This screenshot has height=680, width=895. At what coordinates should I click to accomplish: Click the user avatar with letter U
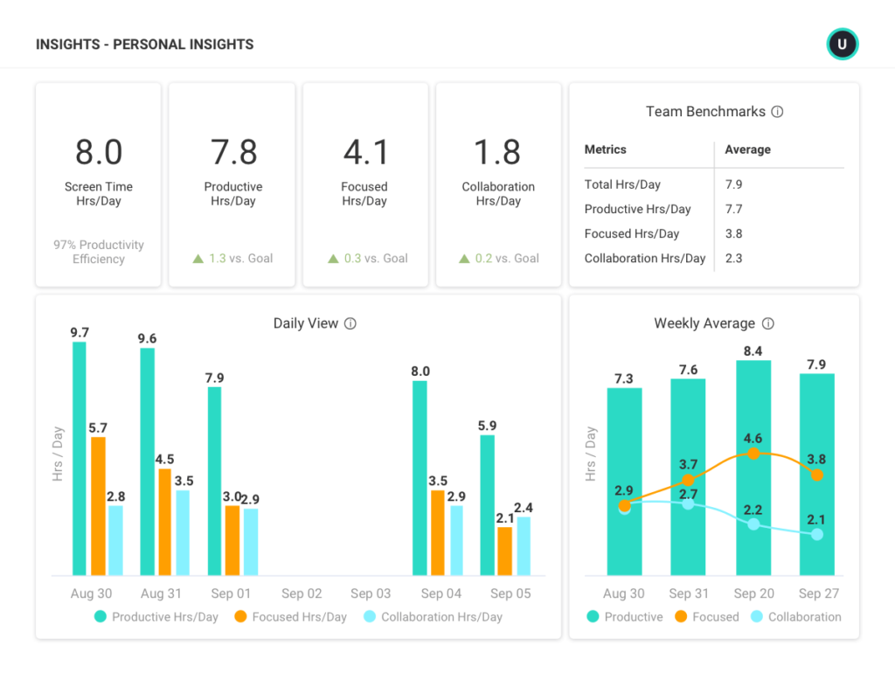(x=843, y=45)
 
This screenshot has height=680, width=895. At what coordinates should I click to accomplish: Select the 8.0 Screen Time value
(x=99, y=152)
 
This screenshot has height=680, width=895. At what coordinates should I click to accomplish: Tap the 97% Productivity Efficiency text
(x=99, y=252)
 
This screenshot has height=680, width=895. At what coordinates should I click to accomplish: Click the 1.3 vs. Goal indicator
(x=232, y=259)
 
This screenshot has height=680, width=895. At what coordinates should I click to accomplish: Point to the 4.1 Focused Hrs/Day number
(x=365, y=152)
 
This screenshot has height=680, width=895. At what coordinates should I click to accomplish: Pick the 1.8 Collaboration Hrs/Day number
(x=498, y=152)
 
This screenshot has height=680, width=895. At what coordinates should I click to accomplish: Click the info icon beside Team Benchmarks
(x=777, y=112)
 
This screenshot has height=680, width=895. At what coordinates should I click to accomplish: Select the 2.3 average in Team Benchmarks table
(x=734, y=259)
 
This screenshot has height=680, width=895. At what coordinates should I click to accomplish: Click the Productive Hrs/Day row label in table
(x=637, y=210)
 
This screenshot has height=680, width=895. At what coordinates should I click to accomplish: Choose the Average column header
(x=747, y=149)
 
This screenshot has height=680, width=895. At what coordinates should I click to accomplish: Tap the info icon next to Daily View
(x=350, y=324)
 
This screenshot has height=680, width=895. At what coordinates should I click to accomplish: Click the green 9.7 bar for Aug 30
(x=80, y=458)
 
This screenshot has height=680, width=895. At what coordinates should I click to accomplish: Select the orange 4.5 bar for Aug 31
(x=164, y=522)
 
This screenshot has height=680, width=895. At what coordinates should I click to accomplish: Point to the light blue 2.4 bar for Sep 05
(x=524, y=545)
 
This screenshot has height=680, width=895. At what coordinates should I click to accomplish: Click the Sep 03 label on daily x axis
(x=371, y=594)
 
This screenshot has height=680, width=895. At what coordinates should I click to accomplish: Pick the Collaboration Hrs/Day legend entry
(x=433, y=617)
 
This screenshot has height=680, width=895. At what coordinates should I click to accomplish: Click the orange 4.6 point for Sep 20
(x=753, y=454)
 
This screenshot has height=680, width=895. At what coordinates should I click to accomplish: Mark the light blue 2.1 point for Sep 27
(x=817, y=534)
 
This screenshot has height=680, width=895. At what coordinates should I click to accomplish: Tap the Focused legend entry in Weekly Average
(x=706, y=617)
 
